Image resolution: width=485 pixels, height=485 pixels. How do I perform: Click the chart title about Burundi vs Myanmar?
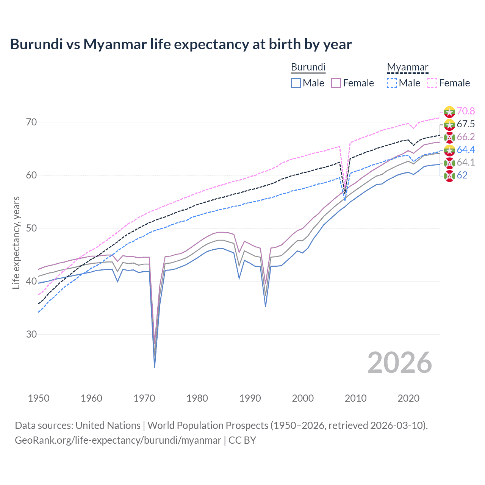181,44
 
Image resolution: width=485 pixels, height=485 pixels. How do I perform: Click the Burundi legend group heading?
308,67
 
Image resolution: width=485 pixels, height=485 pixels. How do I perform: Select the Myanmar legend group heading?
407,67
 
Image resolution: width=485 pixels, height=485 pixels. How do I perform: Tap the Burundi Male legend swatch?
296,83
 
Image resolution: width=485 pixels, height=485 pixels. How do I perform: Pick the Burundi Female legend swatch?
336,83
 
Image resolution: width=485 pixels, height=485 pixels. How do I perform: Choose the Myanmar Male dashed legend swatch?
392,83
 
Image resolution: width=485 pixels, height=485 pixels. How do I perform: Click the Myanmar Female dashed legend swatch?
432,83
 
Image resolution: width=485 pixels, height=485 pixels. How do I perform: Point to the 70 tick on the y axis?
31,122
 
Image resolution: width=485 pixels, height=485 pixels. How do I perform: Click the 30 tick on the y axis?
31,334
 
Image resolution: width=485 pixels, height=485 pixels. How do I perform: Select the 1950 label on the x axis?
39,398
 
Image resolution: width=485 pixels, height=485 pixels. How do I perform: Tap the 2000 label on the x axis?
303,398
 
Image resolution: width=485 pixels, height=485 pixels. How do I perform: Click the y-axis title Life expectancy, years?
16,242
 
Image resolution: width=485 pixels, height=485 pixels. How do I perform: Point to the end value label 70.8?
466,111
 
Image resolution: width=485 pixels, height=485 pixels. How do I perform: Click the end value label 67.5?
466,124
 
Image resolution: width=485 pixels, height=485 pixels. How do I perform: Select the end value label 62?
462,175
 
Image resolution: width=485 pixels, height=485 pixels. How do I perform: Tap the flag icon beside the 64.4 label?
449,150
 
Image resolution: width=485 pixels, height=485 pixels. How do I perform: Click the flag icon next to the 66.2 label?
449,137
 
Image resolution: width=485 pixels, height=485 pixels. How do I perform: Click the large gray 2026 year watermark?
399,363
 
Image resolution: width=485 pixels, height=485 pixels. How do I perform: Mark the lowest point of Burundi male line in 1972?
155,368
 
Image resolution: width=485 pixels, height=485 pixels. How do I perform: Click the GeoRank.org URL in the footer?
118,440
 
